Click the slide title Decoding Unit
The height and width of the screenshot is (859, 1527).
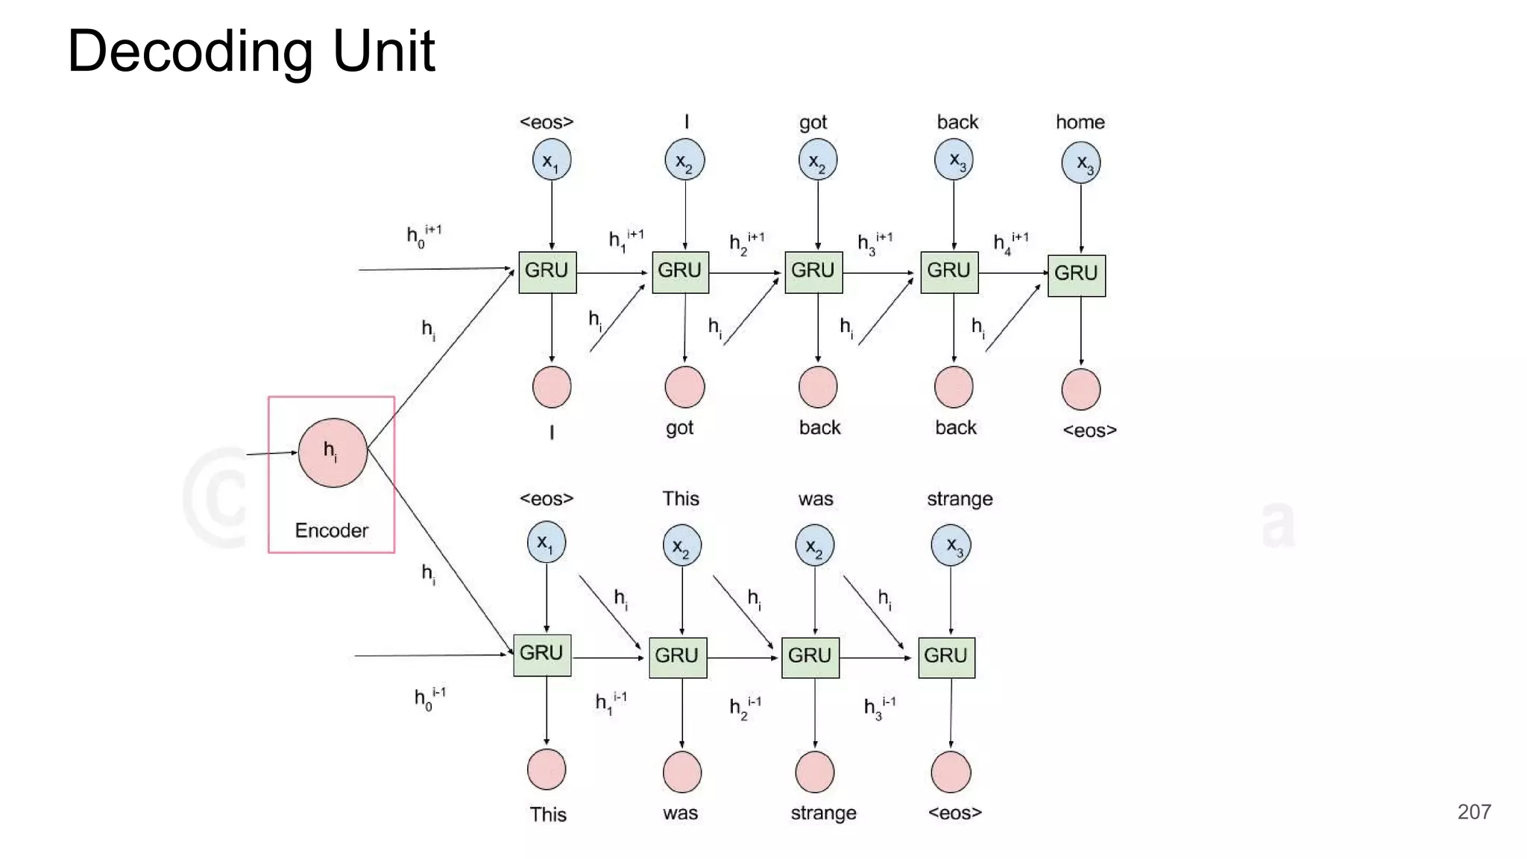251,51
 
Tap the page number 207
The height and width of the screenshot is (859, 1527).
1473,811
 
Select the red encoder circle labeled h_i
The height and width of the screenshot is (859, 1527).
332,453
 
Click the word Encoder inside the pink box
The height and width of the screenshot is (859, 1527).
331,530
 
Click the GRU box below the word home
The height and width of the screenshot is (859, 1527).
1076,274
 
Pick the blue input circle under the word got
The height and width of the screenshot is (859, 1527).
817,161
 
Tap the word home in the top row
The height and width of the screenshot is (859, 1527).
1080,122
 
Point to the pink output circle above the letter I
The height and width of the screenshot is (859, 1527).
552,386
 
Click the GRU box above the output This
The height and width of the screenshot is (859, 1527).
542,654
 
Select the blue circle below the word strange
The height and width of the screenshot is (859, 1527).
951,545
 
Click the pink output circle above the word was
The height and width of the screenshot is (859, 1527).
681,771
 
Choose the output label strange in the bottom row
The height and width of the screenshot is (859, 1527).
823,812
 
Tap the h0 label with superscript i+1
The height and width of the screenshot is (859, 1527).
423,235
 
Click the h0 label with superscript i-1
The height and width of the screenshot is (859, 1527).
429,699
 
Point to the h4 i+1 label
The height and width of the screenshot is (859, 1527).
1010,242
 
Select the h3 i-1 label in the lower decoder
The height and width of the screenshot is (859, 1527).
879,706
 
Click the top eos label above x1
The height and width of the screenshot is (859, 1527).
547,122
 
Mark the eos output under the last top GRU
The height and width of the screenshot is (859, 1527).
1089,430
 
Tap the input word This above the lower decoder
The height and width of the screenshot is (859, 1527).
681,498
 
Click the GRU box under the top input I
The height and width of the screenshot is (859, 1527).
680,271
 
